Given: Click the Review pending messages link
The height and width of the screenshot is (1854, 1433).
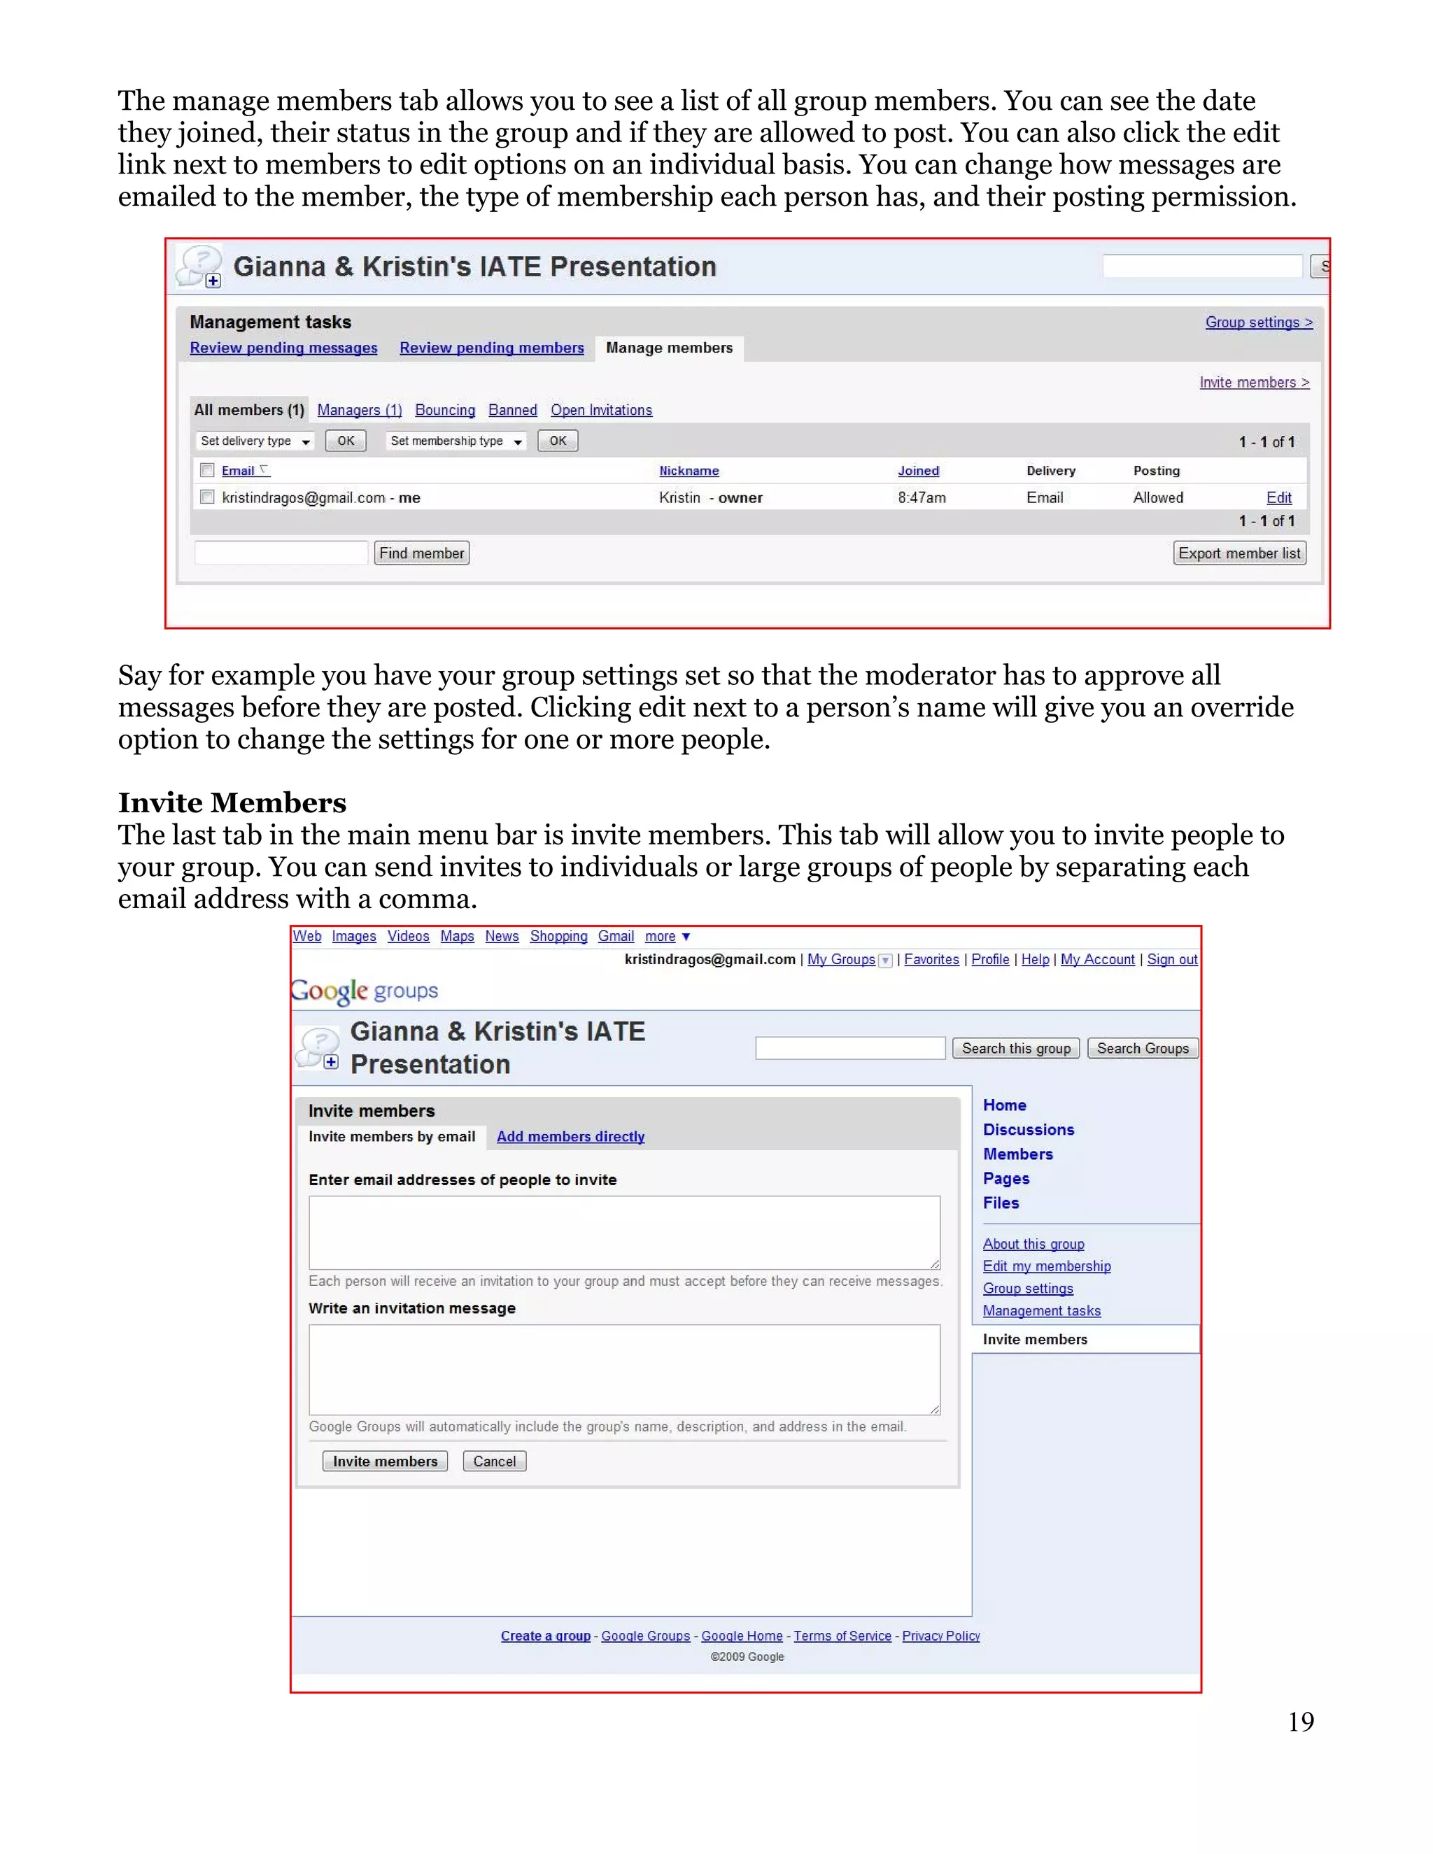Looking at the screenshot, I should coord(283,348).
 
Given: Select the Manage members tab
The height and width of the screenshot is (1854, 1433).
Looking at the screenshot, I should coord(669,348).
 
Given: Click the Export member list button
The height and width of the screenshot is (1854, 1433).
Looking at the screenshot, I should coord(1238,553).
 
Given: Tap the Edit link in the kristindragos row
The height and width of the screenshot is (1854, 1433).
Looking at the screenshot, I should coord(1278,498).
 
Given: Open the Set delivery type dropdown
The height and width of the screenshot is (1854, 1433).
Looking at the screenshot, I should coord(255,441).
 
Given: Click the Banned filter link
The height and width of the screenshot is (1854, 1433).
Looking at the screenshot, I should coord(512,410).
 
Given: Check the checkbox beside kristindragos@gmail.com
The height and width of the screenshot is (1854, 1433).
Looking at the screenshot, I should coord(207,497).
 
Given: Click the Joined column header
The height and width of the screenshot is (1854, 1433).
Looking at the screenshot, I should coord(918,471).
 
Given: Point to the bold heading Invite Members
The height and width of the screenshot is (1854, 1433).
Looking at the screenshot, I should coord(232,803).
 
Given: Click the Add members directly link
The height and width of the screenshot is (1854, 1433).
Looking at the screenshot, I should coord(570,1137).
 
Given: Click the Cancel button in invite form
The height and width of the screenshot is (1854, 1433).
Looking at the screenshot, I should coord(494,1461).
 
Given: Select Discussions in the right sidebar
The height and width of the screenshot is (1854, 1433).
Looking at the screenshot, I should coord(1028,1130).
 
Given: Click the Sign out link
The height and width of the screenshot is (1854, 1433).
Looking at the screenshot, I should coord(1171,959).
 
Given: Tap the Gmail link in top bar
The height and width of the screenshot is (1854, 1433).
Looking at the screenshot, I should coord(616,936).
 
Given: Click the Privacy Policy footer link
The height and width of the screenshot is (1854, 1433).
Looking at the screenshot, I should coord(940,1636).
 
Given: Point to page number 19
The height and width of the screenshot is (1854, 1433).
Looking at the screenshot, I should coord(1301,1722).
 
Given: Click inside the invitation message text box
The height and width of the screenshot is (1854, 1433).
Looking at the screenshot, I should coord(624,1369).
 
